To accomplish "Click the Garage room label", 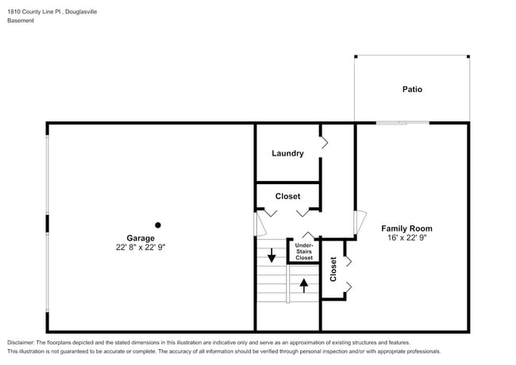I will (x=141, y=237).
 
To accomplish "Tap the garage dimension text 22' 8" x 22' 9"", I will (x=141, y=248).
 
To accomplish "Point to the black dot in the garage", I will (x=158, y=225).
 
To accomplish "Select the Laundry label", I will (x=287, y=153).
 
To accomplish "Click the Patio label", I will (x=411, y=89).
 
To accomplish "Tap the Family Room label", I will (x=406, y=228).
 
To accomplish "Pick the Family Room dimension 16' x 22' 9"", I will (x=406, y=238).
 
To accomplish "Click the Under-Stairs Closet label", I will (x=304, y=252).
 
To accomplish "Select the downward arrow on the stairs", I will (x=271, y=255).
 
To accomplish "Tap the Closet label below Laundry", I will (x=287, y=196).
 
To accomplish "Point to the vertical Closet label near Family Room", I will (x=333, y=269).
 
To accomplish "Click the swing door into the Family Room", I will (x=360, y=222).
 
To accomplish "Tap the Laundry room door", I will (x=324, y=143).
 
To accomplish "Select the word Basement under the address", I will (x=21, y=21).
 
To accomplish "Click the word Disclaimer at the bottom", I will (x=21, y=342).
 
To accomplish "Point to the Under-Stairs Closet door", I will (x=308, y=236).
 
